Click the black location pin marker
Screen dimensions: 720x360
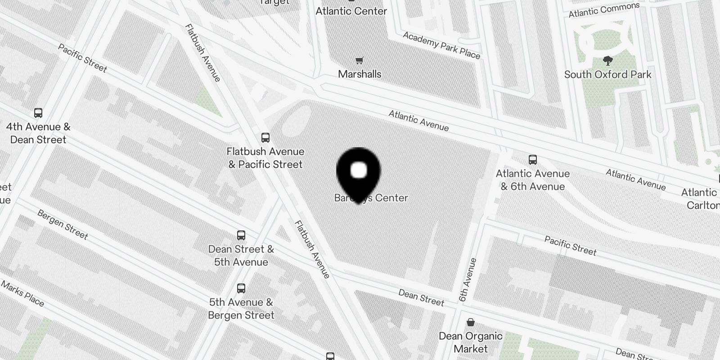tap(358, 173)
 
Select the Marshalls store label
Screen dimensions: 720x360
tap(360, 74)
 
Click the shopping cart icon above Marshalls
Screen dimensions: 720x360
tap(359, 60)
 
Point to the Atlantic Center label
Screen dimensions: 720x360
tap(351, 11)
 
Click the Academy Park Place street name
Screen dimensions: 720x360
tap(441, 45)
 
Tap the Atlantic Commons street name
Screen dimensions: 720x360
tap(603, 10)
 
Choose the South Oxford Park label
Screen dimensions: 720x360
tap(607, 75)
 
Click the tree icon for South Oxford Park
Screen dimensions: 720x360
tap(607, 61)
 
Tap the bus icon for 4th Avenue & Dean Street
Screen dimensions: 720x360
tap(38, 113)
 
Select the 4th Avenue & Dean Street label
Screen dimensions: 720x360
tap(38, 133)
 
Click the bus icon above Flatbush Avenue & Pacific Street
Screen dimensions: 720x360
tap(265, 138)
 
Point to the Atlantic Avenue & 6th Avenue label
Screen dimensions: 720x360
tap(533, 180)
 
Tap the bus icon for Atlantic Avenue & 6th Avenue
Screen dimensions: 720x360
tap(533, 159)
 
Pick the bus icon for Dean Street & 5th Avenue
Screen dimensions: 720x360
tap(241, 235)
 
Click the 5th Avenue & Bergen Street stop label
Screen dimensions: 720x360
tap(241, 309)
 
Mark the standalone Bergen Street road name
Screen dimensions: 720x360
tap(63, 224)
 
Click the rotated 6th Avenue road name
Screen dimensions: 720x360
tap(467, 279)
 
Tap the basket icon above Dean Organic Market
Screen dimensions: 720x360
tap(470, 322)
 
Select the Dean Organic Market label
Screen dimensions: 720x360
tap(470, 342)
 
